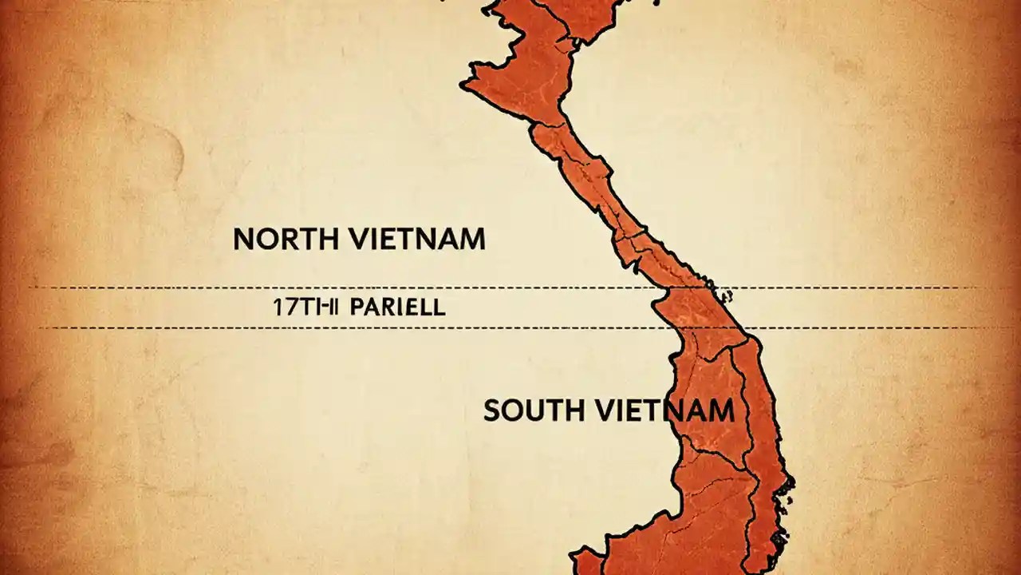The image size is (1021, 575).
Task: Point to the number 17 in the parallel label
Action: [x=283, y=308]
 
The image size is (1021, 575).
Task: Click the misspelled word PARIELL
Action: [x=396, y=308]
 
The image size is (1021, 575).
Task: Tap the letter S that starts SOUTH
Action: [x=492, y=410]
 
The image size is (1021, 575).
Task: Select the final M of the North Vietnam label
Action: [x=471, y=240]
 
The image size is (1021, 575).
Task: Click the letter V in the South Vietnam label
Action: [x=602, y=410]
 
